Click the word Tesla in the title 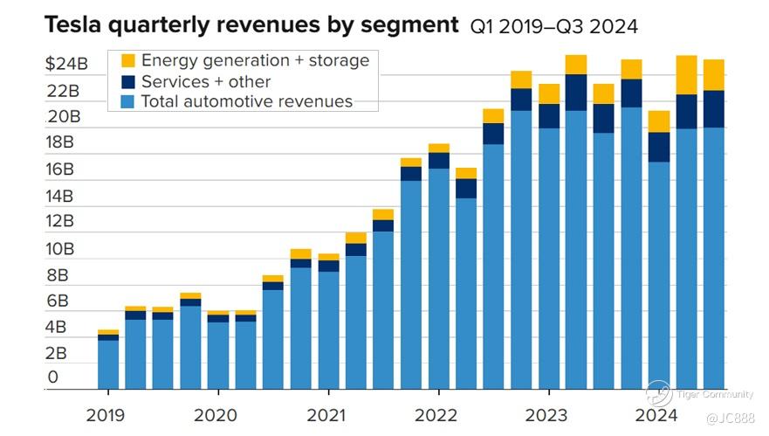(69, 25)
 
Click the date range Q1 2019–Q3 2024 (553, 27)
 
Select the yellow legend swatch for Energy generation (128, 61)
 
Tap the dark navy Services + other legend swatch (128, 81)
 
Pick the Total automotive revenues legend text (246, 101)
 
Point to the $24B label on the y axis (67, 64)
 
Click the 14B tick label (67, 195)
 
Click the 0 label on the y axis (53, 377)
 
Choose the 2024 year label (655, 414)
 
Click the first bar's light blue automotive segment (108, 364)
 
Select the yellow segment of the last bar (714, 74)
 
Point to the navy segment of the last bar (714, 109)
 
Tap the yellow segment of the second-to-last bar (687, 75)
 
